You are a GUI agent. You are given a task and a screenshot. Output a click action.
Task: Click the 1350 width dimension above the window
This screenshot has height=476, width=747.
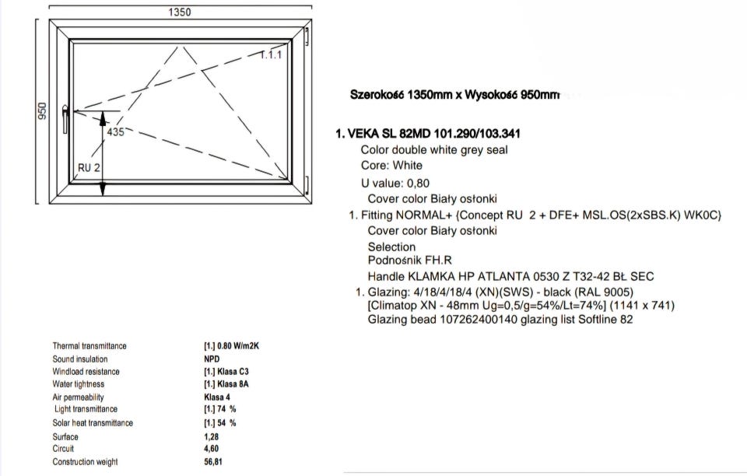pyautogui.click(x=180, y=12)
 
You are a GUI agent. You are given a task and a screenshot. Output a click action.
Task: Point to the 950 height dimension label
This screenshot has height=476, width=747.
pyautogui.click(x=42, y=111)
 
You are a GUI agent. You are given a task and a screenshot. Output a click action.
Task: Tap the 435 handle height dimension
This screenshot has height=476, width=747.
pyautogui.click(x=115, y=132)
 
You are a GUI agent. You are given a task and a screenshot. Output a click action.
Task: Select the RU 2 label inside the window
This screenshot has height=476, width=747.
pyautogui.click(x=89, y=167)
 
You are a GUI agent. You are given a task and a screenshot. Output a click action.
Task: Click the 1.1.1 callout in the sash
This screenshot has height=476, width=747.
pyautogui.click(x=271, y=54)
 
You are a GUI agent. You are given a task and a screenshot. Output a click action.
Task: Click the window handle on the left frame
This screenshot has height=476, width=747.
pyautogui.click(x=65, y=120)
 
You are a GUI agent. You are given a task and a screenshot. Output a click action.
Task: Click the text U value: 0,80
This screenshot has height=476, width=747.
pyautogui.click(x=395, y=184)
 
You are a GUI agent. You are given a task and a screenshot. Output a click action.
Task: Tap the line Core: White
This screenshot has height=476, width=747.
pyautogui.click(x=391, y=166)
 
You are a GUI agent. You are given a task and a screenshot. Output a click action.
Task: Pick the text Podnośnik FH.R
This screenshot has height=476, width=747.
pyautogui.click(x=410, y=261)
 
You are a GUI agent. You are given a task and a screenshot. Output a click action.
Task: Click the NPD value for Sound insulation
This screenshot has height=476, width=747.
pyautogui.click(x=212, y=359)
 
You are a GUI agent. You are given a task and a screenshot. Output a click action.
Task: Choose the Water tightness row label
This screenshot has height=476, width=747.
pyautogui.click(x=78, y=384)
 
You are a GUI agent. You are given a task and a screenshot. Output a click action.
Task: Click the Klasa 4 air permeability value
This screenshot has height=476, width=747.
pyautogui.click(x=217, y=397)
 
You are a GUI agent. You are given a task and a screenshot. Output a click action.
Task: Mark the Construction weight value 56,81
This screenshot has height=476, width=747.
pyautogui.click(x=213, y=462)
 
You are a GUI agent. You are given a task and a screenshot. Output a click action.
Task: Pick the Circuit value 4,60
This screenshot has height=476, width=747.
pyautogui.click(x=212, y=449)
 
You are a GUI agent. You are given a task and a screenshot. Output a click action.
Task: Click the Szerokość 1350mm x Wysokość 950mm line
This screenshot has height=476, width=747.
pyautogui.click(x=455, y=95)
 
